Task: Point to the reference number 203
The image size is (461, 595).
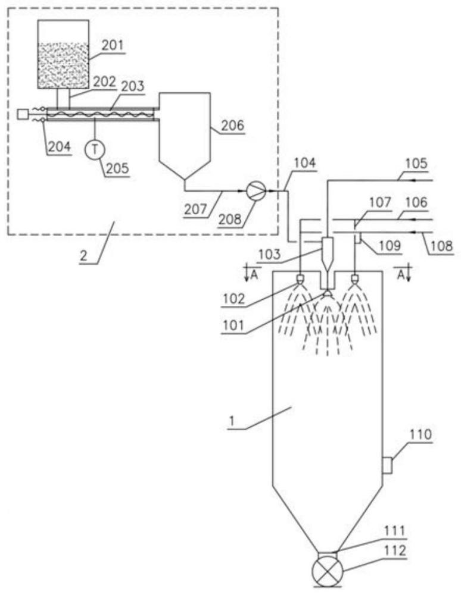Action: point(132,87)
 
